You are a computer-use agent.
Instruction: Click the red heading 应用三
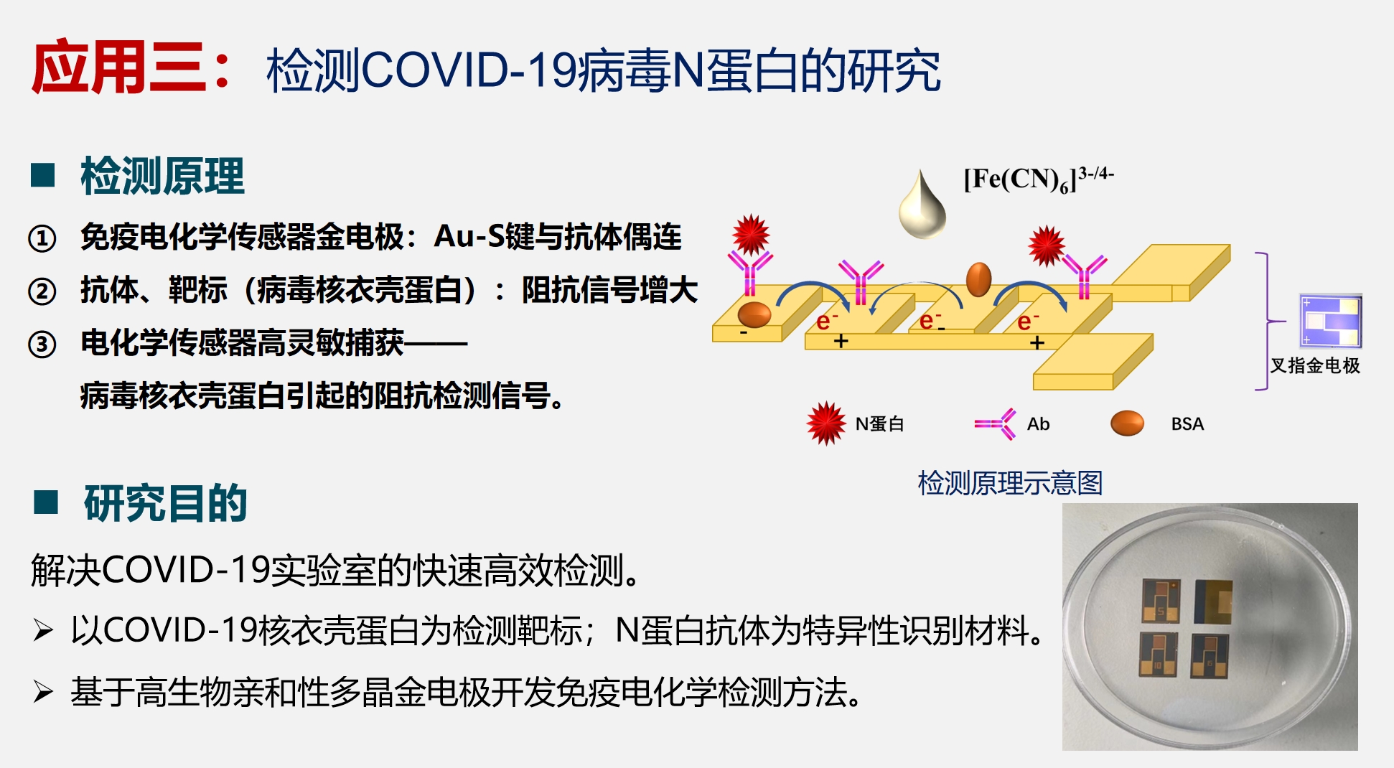[118, 68]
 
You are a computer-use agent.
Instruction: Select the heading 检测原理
[162, 176]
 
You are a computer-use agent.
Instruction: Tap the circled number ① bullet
[42, 238]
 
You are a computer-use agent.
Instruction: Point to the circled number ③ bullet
[42, 344]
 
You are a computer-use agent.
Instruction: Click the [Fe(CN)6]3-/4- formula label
[1037, 179]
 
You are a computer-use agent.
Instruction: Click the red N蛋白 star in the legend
[825, 423]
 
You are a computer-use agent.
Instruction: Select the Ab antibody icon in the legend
[996, 424]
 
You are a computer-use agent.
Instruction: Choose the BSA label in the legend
[1187, 424]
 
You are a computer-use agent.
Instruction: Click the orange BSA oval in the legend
[1127, 423]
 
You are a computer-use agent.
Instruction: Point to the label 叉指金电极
[1315, 365]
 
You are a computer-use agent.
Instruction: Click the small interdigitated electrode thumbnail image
[1331, 321]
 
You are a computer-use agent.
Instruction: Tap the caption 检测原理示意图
[1010, 483]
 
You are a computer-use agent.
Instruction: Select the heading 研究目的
[165, 503]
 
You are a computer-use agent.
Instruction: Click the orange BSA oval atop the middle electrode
[978, 278]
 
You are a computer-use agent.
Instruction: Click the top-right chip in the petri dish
[1213, 601]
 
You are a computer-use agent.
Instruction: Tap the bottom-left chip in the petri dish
[1158, 655]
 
